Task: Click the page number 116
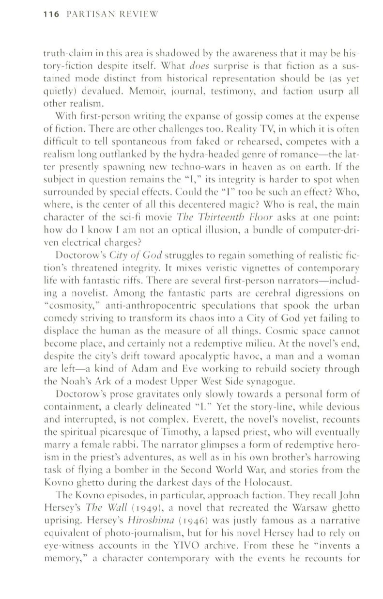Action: click(50, 15)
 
